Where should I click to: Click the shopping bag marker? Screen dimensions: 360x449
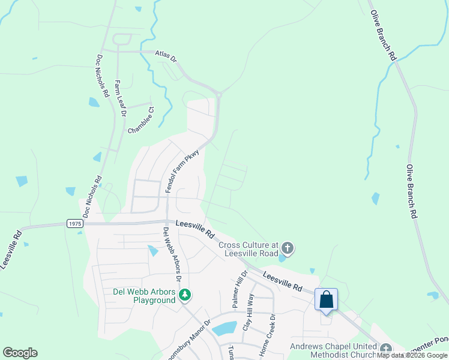tap(326, 299)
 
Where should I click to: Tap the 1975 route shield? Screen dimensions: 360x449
tap(74, 223)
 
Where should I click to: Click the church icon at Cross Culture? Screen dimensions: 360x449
tap(288, 248)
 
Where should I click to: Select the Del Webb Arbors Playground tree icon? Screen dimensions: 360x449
tap(185, 295)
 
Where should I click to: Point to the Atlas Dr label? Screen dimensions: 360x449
tap(166, 56)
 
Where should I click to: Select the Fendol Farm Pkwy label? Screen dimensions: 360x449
tap(182, 172)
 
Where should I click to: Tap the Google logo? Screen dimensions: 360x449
tap(20, 353)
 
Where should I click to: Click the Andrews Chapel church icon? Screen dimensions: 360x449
tap(385, 349)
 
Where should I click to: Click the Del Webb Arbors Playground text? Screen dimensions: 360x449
tap(145, 296)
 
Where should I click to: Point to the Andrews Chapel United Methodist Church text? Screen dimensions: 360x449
tap(335, 351)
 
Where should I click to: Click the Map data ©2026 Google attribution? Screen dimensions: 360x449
tap(412, 355)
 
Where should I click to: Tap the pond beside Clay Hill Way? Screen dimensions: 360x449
tap(224, 328)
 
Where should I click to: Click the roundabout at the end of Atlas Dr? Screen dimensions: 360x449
tap(220, 94)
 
